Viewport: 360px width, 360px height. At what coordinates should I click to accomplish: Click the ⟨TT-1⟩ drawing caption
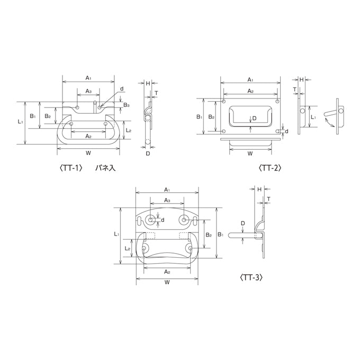click(x=71, y=168)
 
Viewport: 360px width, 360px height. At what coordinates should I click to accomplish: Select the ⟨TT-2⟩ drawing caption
click(x=270, y=168)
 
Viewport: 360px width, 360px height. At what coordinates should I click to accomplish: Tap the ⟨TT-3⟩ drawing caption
click(x=251, y=277)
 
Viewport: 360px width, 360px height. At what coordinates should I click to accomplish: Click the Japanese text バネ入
click(x=105, y=168)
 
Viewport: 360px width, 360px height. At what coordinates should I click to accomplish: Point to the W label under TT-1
click(x=88, y=153)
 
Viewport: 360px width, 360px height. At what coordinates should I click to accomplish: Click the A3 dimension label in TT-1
click(x=88, y=91)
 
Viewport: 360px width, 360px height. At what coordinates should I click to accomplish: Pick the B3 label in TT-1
click(x=127, y=105)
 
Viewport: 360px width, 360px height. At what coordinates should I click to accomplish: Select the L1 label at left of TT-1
click(x=21, y=121)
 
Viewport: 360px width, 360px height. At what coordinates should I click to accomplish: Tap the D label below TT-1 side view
click(x=148, y=153)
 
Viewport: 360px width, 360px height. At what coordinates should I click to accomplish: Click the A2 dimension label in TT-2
click(x=250, y=91)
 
